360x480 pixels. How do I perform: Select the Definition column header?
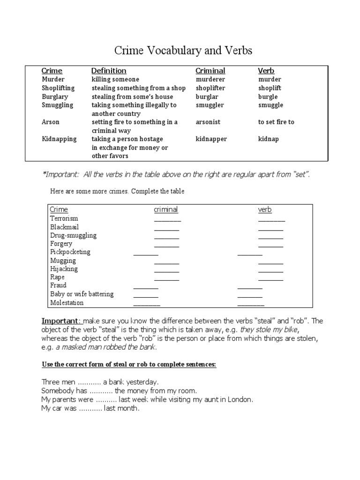click(109, 71)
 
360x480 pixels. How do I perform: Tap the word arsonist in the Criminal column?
click(208, 122)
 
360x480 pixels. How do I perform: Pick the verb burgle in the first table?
click(268, 97)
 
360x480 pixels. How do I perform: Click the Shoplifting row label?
click(58, 88)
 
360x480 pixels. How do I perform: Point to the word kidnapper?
click(211, 139)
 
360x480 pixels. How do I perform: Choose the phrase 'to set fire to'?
click(276, 122)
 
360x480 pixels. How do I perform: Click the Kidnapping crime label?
click(59, 139)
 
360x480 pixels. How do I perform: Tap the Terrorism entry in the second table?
click(64, 218)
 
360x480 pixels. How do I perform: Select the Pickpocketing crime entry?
click(70, 252)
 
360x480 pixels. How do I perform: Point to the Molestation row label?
click(67, 303)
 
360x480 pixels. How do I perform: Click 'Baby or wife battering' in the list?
click(82, 294)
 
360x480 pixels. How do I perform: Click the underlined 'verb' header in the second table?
click(265, 210)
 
